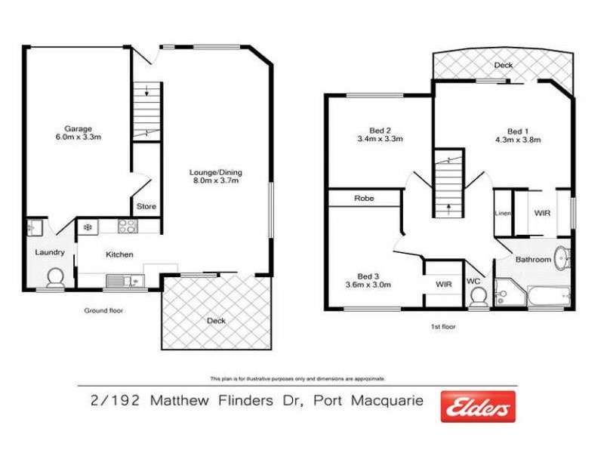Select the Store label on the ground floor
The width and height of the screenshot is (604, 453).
(x=146, y=206)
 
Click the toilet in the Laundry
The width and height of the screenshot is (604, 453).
(x=55, y=279)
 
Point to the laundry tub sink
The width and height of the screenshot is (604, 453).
(x=34, y=226)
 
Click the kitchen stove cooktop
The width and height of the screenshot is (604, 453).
(x=126, y=226)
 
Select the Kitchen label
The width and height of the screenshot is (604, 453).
(x=119, y=254)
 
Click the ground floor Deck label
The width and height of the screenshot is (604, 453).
(x=216, y=321)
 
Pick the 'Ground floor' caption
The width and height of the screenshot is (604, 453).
(x=104, y=310)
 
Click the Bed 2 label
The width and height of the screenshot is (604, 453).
(x=379, y=129)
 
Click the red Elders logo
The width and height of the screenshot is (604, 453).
(x=478, y=407)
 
